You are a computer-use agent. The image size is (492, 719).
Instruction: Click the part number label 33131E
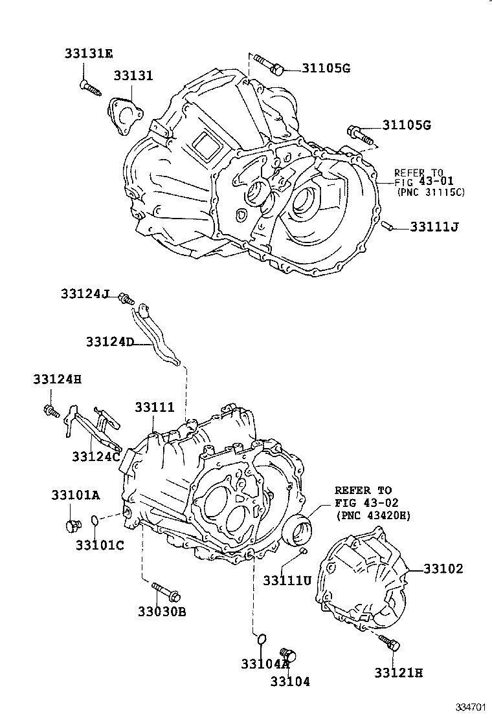click(x=88, y=53)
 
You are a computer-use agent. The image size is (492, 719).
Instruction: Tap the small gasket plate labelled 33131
click(x=124, y=116)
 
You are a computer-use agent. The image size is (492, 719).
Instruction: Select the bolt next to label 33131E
click(x=90, y=87)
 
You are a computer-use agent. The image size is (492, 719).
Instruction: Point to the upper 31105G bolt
click(x=267, y=63)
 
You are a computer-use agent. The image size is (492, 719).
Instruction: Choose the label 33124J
click(x=86, y=294)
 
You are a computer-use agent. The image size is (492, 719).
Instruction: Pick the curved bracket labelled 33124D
click(x=153, y=334)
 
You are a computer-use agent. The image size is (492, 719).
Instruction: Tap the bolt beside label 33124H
click(x=51, y=409)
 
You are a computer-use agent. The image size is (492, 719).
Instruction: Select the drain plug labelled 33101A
click(x=72, y=525)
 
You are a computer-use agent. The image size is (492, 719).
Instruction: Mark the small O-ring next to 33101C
click(x=95, y=520)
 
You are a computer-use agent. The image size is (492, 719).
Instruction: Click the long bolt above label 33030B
click(x=166, y=592)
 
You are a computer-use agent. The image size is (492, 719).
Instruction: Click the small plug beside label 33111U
click(x=302, y=551)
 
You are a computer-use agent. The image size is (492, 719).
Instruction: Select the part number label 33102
click(x=443, y=569)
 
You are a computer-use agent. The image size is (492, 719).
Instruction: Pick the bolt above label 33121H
click(x=389, y=643)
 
